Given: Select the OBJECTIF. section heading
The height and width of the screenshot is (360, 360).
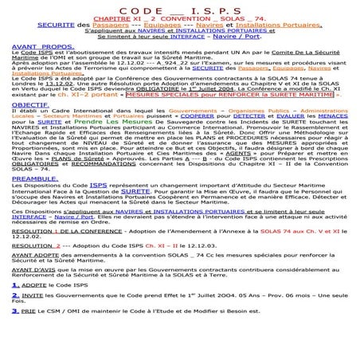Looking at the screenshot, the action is (22, 126).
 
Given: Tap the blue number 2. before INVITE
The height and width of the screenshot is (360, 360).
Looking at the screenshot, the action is (15, 317).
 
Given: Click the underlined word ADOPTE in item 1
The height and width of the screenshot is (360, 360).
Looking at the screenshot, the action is (34, 306).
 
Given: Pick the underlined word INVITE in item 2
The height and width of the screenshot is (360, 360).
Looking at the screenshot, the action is (34, 318).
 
